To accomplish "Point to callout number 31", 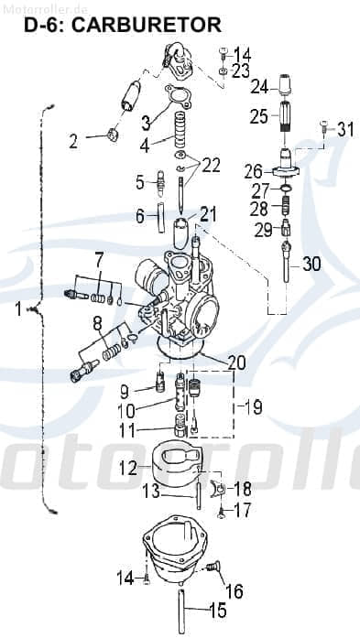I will tap(344, 129).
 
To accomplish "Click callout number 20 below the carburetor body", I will tap(236, 362).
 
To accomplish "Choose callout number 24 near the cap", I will tap(259, 87).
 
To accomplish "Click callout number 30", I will tap(311, 264).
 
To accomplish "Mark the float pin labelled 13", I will tap(198, 491).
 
